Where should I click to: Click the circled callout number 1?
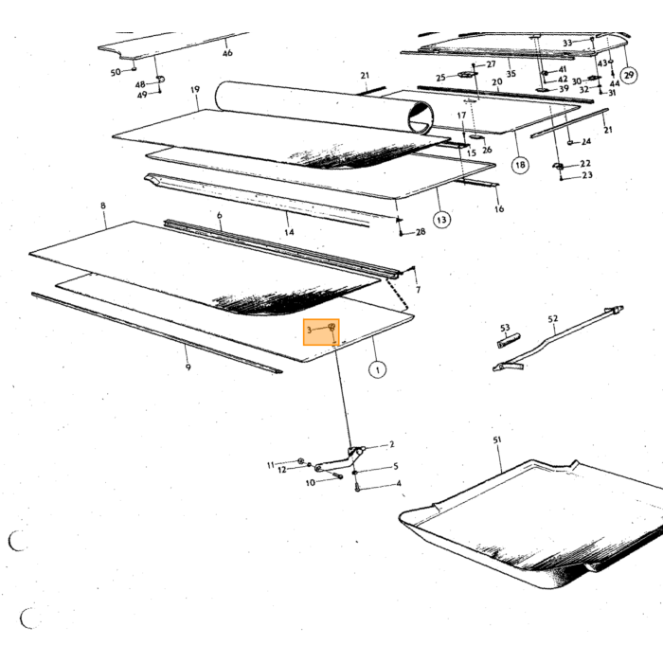tap(377, 370)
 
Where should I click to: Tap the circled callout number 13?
tap(441, 220)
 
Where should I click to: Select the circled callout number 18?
tap(520, 165)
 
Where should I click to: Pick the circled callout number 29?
tap(629, 75)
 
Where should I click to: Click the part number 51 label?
tap(497, 440)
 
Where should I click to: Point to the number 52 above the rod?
tap(553, 319)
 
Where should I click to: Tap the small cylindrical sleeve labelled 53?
tap(509, 341)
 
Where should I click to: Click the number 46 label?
tap(227, 53)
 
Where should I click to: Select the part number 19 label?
tap(195, 90)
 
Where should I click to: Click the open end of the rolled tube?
tap(421, 117)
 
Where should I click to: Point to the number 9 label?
tap(188, 367)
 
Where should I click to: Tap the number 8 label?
tap(103, 206)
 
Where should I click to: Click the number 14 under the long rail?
tap(289, 232)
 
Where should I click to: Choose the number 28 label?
tap(421, 232)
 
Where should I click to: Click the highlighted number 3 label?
tap(309, 330)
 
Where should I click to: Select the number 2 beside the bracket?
tap(391, 444)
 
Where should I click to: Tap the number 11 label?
tap(271, 466)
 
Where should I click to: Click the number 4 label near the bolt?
tap(399, 483)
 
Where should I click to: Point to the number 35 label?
tap(511, 74)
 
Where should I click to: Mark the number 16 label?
tap(499, 209)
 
